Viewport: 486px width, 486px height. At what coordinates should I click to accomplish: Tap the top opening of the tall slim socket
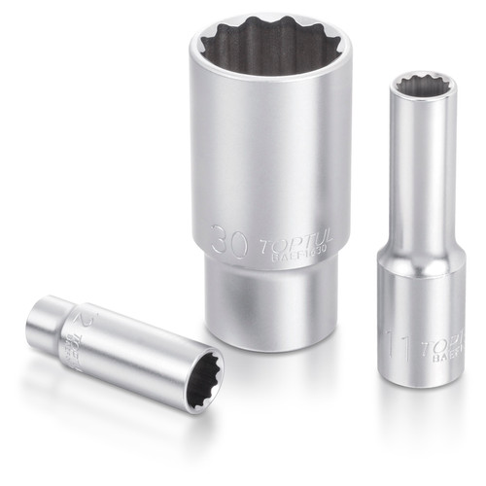pyautogui.click(x=423, y=88)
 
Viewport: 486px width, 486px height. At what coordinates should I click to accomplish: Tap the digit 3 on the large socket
pyautogui.click(x=219, y=238)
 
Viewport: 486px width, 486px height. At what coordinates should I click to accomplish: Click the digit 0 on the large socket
pyautogui.click(x=238, y=238)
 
